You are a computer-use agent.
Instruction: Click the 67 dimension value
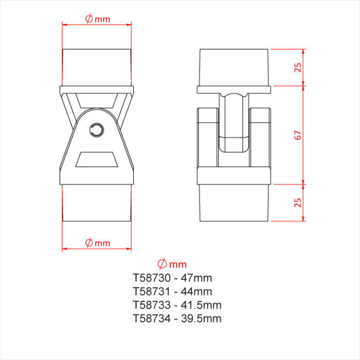pyautogui.click(x=297, y=135)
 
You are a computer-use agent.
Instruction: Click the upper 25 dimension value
pyautogui.click(x=297, y=67)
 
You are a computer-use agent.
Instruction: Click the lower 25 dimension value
pyautogui.click(x=297, y=203)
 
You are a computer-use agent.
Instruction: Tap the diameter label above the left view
pyautogui.click(x=97, y=19)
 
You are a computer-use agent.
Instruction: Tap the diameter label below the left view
pyautogui.click(x=97, y=242)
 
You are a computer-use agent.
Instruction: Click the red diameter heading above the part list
pyautogui.click(x=172, y=264)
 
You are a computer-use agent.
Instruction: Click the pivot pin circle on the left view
pyautogui.click(x=97, y=129)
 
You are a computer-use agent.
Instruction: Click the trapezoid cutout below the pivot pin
pyautogui.click(x=97, y=159)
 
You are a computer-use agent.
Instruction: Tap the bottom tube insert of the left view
pyautogui.click(x=97, y=203)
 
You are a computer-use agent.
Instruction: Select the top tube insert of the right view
pyautogui.click(x=234, y=67)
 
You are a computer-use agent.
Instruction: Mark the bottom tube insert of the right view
pyautogui.click(x=234, y=203)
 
